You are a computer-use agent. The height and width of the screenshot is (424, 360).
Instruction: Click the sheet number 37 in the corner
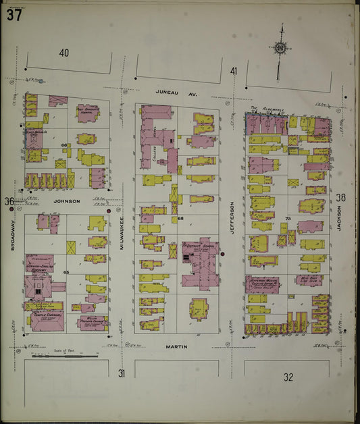[14, 16]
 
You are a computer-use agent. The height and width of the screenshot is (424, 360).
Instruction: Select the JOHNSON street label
[67, 201]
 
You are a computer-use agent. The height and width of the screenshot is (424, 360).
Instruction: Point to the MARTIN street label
[176, 346]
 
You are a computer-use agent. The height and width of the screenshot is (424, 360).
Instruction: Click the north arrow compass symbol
[279, 49]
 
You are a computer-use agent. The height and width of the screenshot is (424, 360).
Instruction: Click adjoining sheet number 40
[64, 53]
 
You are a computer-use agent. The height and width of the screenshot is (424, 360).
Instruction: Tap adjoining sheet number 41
[234, 71]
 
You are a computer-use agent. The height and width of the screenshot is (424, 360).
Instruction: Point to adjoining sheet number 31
[122, 373]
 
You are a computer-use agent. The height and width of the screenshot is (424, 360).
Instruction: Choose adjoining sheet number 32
[288, 377]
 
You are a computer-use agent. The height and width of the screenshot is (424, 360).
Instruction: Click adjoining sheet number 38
[340, 198]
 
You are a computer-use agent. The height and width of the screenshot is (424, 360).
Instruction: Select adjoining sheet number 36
[9, 201]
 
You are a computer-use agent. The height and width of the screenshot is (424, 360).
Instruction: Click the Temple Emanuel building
[47, 317]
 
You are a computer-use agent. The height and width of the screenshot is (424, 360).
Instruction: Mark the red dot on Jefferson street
[222, 254]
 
